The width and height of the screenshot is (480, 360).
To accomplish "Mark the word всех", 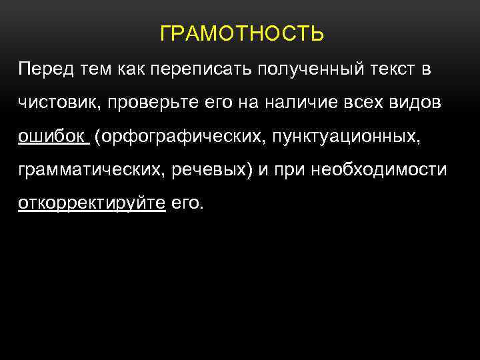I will (365, 103).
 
